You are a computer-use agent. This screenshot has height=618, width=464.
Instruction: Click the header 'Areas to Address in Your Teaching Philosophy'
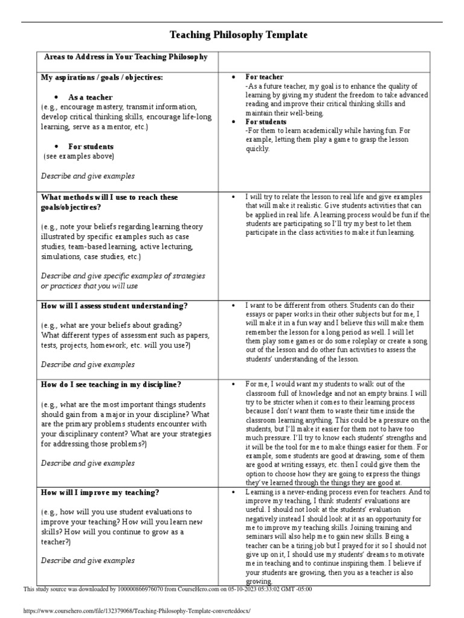pyautogui.click(x=126, y=57)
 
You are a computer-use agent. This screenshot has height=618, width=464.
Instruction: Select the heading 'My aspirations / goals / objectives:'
pyautogui.click(x=101, y=78)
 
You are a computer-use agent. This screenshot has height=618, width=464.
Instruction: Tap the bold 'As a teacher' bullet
pyautogui.click(x=90, y=97)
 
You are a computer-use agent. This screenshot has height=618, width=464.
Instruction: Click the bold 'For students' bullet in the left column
pyautogui.click(x=91, y=147)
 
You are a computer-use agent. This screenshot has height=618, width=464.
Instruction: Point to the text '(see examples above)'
pyautogui.click(x=79, y=156)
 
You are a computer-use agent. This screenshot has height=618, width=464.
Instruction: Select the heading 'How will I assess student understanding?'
pyautogui.click(x=114, y=305)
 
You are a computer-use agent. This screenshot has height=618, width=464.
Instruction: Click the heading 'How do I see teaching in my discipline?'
pyautogui.click(x=111, y=384)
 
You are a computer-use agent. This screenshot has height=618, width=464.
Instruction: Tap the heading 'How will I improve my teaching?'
pyautogui.click(x=100, y=492)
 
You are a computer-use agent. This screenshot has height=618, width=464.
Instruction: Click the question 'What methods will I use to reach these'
pyautogui.click(x=109, y=197)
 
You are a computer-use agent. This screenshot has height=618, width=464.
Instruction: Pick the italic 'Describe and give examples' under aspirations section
pyautogui.click(x=88, y=176)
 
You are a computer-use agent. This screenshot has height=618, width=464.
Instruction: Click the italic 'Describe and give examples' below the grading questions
pyautogui.click(x=88, y=365)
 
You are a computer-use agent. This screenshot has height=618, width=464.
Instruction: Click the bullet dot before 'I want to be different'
pyautogui.click(x=233, y=306)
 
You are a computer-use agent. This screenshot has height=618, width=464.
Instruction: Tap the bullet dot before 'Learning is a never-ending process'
pyautogui.click(x=233, y=492)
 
